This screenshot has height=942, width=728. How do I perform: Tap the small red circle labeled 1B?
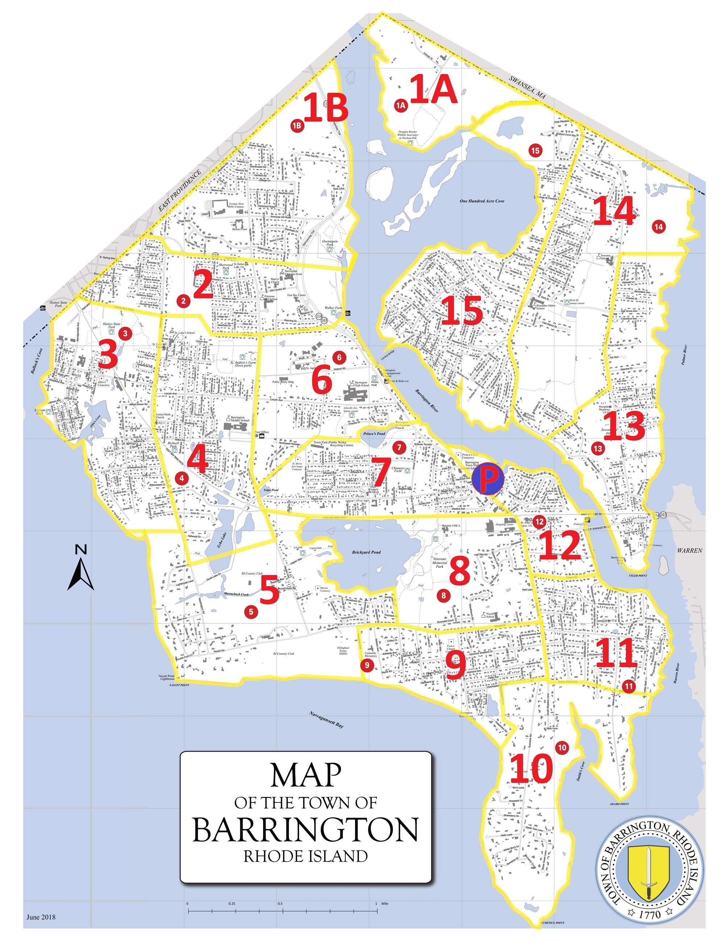[297, 125]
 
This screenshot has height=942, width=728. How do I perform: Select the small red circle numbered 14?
[658, 226]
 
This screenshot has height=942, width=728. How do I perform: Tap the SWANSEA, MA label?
[527, 88]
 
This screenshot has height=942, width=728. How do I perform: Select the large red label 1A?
[433, 89]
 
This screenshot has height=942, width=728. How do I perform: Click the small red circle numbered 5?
[250, 611]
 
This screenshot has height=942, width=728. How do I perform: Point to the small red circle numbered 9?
[367, 665]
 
